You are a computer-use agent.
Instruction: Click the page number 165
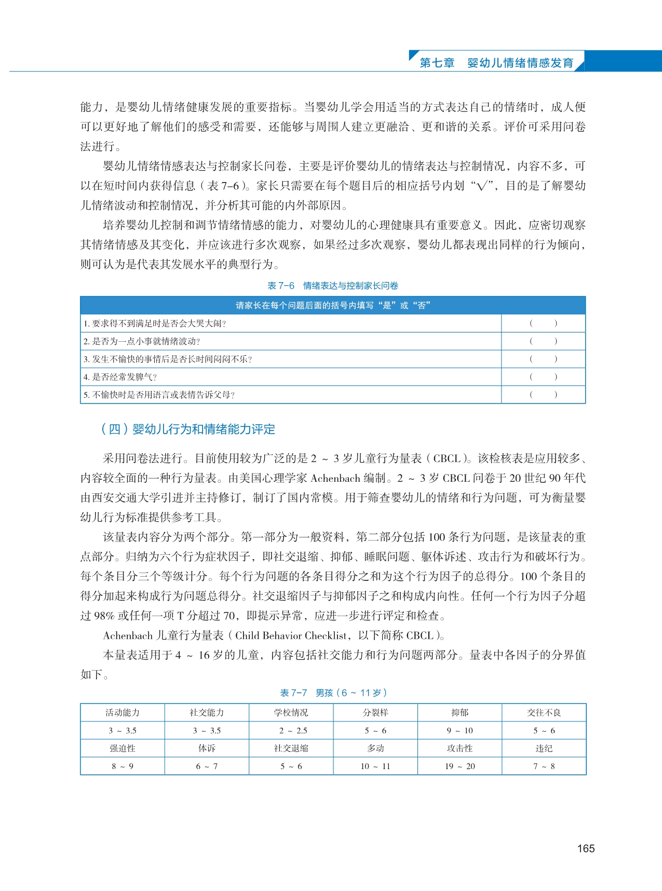(x=586, y=848)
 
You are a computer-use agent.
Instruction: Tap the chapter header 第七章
(x=437, y=63)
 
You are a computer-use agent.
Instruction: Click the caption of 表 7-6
(x=333, y=286)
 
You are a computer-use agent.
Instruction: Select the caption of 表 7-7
(x=333, y=693)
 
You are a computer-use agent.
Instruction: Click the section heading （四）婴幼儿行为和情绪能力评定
(x=188, y=429)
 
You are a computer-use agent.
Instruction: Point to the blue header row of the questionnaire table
(x=333, y=305)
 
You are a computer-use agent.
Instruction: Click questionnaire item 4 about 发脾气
(x=120, y=377)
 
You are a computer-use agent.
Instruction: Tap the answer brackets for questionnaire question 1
(x=543, y=324)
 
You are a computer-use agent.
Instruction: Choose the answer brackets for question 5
(x=543, y=395)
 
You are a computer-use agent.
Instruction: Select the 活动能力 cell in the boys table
(x=123, y=713)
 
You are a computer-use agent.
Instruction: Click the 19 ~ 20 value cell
(x=460, y=766)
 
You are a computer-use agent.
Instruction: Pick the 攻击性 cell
(x=460, y=748)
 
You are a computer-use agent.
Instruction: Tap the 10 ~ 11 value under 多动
(x=375, y=766)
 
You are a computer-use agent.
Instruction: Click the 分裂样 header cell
(x=375, y=713)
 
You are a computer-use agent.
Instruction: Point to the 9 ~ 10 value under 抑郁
(x=460, y=731)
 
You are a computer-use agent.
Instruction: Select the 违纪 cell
(x=544, y=748)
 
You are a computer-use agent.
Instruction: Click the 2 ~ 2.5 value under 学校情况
(x=291, y=731)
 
